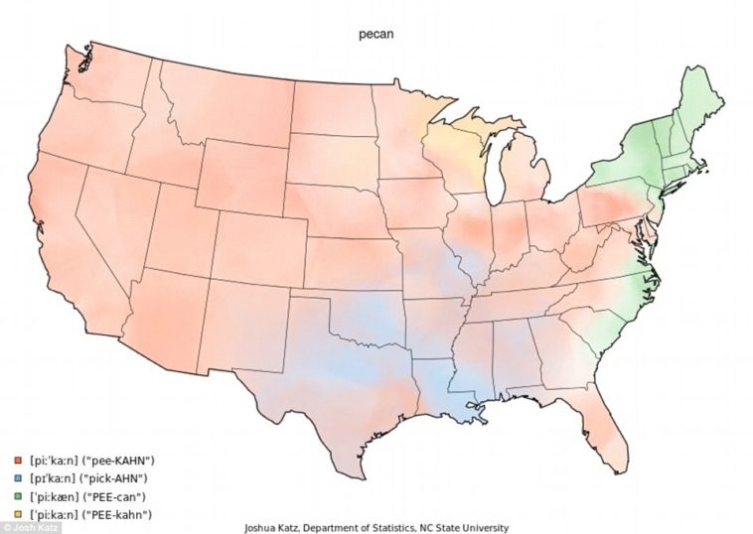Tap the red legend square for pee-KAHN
(19, 461)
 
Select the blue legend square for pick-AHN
(19, 478)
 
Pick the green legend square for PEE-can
(19, 496)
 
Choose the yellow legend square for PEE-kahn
(19, 513)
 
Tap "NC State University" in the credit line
(458, 527)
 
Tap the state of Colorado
(258, 243)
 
